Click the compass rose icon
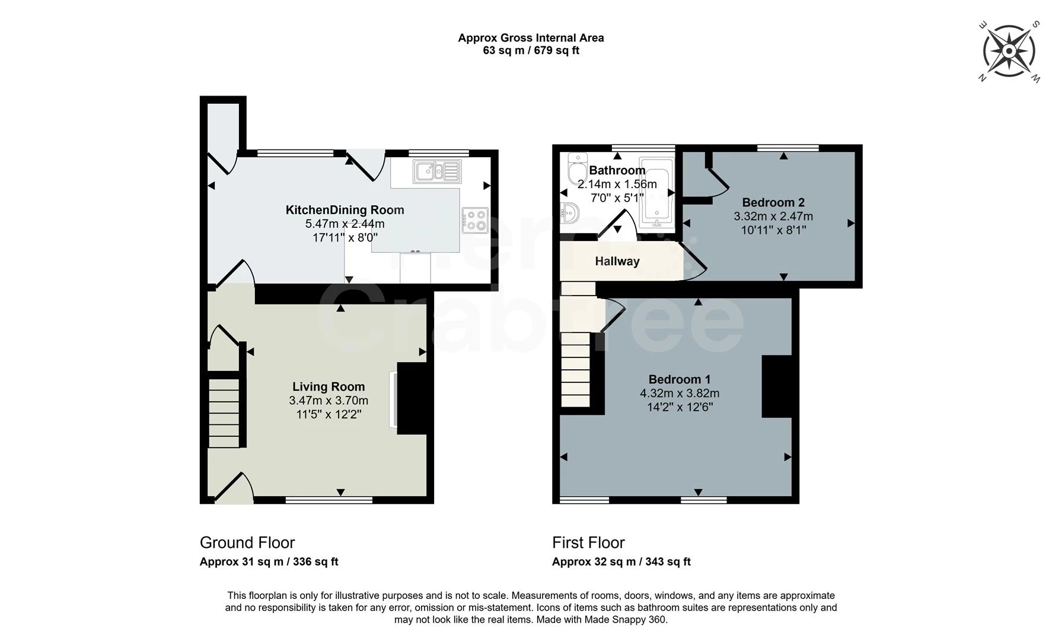coord(1009,51)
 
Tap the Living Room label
coord(329,387)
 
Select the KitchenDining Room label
coord(345,210)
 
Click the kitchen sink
coord(438,172)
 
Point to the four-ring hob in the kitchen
coord(475,220)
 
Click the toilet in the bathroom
coord(575,169)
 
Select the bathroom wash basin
coord(569,213)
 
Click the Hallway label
coord(617,261)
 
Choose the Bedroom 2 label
coord(773,202)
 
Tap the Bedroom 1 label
coord(680,379)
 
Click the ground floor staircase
coord(225,412)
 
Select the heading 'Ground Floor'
coord(247,542)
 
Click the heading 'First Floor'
coord(588,542)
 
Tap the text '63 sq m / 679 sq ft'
coord(531,50)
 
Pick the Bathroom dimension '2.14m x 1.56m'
coord(617,184)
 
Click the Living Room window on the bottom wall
coord(329,500)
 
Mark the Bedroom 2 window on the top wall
coord(787,147)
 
